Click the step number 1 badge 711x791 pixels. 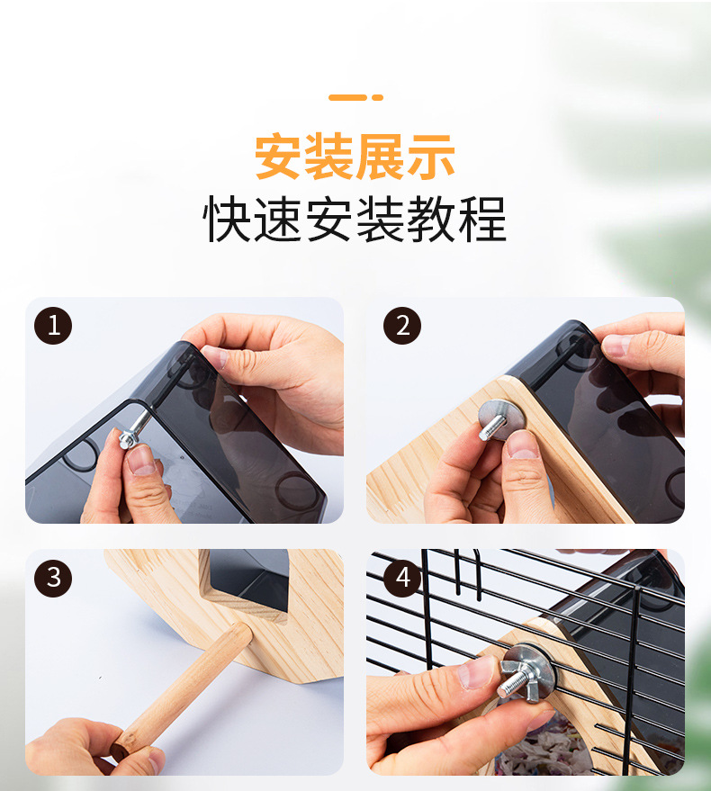pos(53,326)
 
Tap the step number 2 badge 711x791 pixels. pos(402,326)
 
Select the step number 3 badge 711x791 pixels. pos(53,578)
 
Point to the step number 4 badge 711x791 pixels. pos(402,578)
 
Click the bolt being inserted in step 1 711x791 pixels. pos(134,430)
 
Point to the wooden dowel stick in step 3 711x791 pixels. pos(183,691)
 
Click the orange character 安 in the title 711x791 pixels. pos(280,156)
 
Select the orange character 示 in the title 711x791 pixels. pos(431,156)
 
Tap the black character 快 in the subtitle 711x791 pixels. pos(227,220)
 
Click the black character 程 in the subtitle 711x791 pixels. pos(481,220)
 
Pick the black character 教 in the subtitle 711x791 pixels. pos(431,220)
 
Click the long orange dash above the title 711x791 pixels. pos(347,97)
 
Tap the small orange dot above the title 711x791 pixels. pos(377,97)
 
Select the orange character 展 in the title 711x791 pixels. pos(381,156)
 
